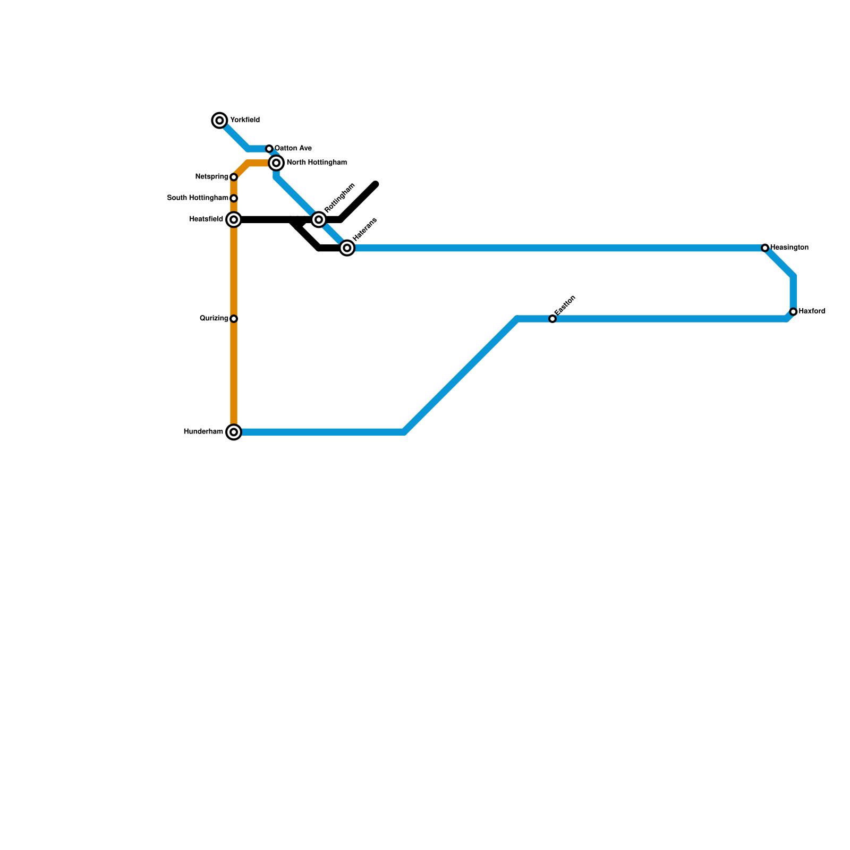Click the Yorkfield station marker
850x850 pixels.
[220, 121]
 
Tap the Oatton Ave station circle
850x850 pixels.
[269, 149]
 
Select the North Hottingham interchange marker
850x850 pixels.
[276, 163]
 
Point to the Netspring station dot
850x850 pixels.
[234, 177]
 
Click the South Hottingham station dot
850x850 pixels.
[234, 198]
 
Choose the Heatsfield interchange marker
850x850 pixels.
[234, 219]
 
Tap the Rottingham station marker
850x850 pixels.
[319, 219]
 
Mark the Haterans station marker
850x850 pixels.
[347, 248]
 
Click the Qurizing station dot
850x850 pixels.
[234, 319]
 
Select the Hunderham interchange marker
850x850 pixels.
[234, 432]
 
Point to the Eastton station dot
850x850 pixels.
[552, 319]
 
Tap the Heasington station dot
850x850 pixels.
[765, 248]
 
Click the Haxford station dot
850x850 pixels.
[793, 312]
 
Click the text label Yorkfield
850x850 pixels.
[245, 120]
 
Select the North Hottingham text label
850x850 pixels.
[317, 163]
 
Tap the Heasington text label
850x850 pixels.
[789, 248]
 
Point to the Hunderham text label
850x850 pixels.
[203, 431]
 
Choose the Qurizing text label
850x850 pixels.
[214, 318]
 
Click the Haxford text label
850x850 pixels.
[812, 311]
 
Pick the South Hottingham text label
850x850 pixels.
[198, 198]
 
